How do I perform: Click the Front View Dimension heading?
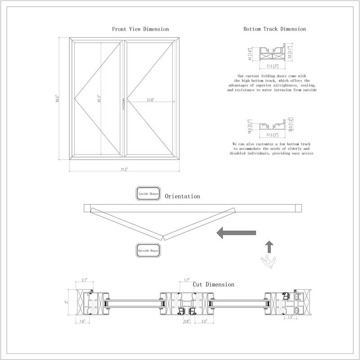140,29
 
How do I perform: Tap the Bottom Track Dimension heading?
274,29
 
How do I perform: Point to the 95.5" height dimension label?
57,99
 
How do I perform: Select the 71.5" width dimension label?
124,169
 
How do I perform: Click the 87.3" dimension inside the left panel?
99,99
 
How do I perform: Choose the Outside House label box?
148,250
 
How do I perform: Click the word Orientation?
182,197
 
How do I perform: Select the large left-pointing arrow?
236,233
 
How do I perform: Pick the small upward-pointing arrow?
269,246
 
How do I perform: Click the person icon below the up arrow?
269,261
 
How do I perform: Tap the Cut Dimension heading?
213,284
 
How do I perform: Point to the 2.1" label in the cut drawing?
84,280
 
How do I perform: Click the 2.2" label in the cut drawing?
204,321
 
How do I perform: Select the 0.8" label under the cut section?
187,321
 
